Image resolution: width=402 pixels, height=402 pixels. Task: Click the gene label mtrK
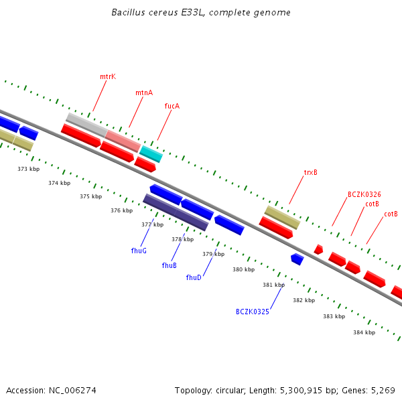[x=108, y=76]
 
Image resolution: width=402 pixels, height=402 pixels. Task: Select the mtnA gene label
[x=144, y=92]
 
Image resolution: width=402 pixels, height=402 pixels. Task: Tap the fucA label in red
[x=172, y=106]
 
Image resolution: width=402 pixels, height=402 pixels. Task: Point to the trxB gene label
[x=311, y=172]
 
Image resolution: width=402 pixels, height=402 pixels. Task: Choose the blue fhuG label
[x=139, y=251]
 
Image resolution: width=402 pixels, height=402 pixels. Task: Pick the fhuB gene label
[x=170, y=265]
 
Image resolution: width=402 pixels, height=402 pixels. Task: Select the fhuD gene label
[x=194, y=277]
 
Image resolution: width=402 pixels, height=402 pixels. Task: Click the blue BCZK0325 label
[x=253, y=312]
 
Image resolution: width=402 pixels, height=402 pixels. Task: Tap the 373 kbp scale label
[x=29, y=170]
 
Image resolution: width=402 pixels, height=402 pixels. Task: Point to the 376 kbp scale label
[x=122, y=210]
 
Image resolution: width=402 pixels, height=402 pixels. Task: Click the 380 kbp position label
[x=244, y=269]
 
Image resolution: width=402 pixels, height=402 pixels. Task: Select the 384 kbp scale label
[x=364, y=332]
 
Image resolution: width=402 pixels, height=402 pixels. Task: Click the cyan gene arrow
[x=151, y=154]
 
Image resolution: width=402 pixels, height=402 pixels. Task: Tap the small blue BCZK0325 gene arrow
[x=297, y=259]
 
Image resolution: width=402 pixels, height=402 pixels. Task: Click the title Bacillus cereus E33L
[x=201, y=13]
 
